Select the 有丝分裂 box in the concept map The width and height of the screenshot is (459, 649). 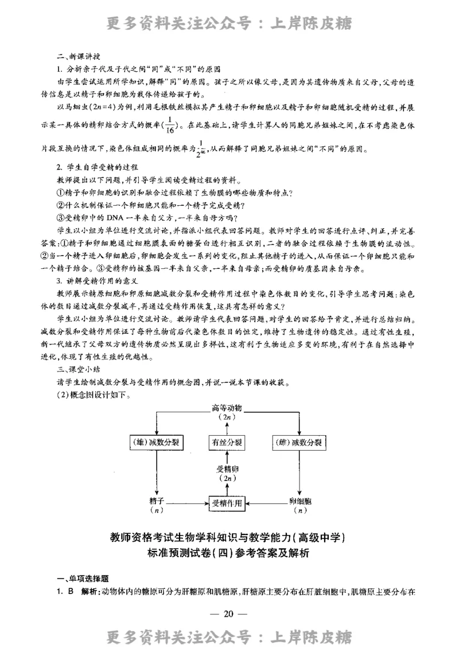point(227,443)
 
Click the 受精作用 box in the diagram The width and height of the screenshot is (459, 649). point(228,503)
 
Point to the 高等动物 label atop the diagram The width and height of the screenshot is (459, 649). point(227,408)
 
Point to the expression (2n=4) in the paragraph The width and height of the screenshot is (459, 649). point(102,107)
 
